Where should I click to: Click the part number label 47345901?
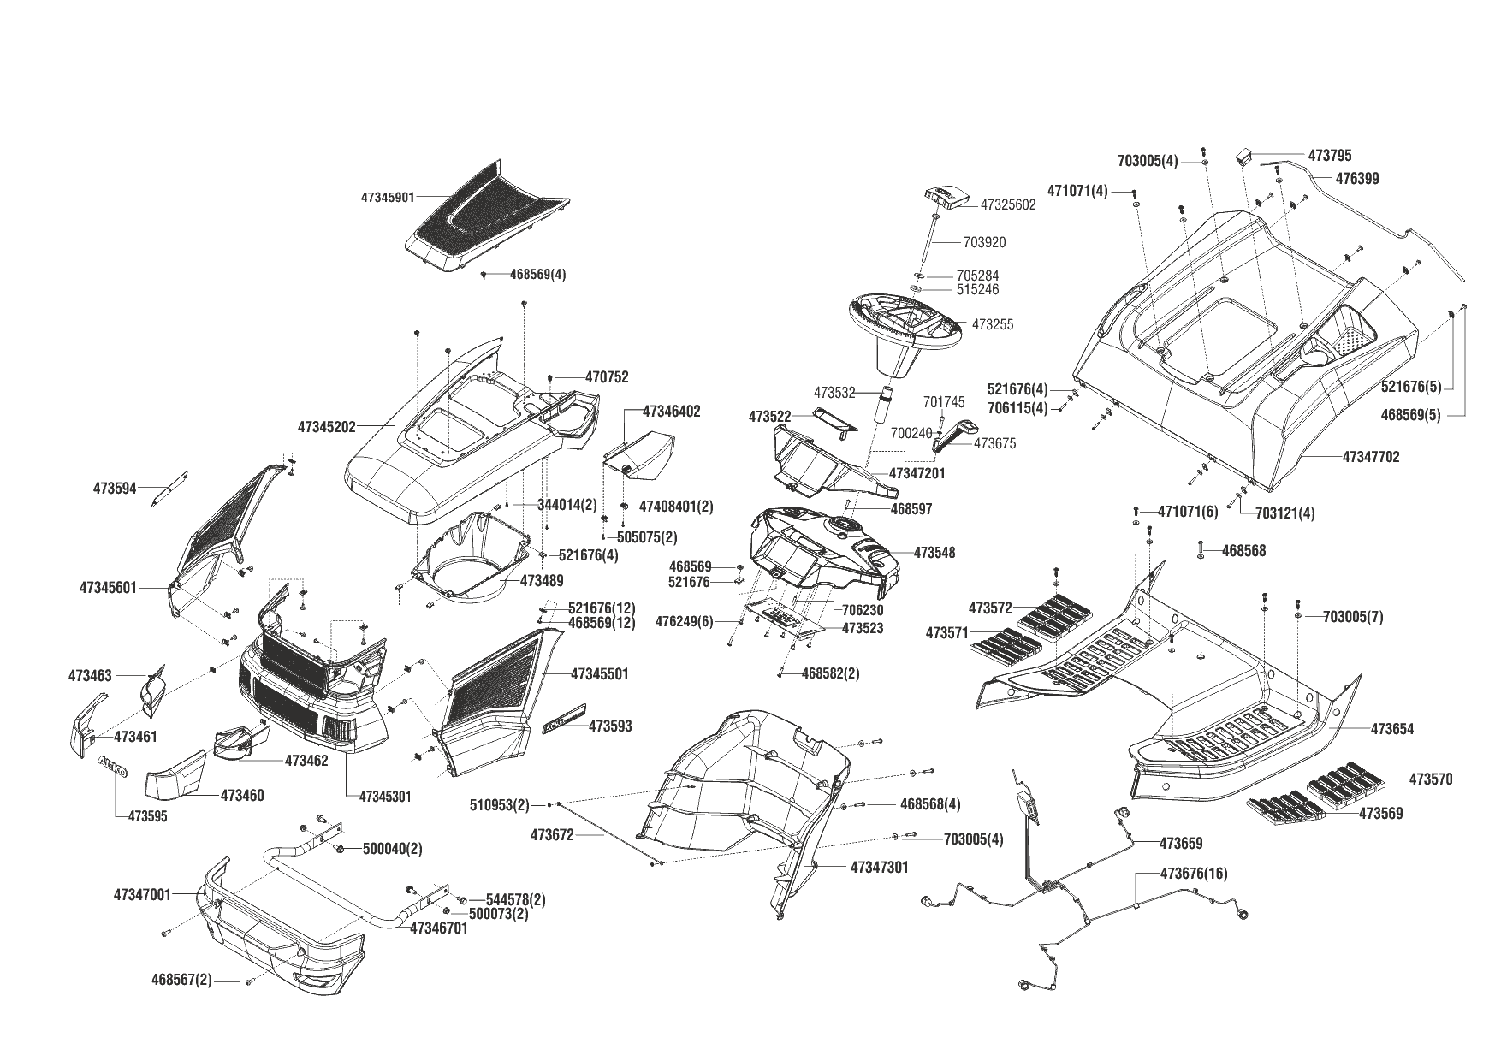coord(387,197)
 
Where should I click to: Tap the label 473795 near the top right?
coord(1330,156)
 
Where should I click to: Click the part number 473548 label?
coord(934,553)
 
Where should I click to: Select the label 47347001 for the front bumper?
coord(142,895)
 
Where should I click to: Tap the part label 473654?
coord(1392,729)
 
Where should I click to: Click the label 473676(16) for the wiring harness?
coord(1193,874)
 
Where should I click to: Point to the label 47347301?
coord(880,867)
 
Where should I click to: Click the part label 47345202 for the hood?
coord(327,425)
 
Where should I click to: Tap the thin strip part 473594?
coord(170,489)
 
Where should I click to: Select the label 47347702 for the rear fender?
coord(1371,457)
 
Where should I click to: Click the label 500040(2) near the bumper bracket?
coord(392,849)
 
